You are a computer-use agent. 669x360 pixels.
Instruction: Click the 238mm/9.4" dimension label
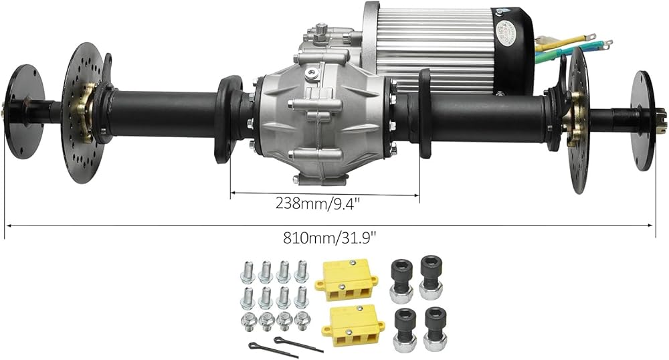pyautogui.click(x=318, y=203)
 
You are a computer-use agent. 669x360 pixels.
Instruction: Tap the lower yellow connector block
pyautogui.click(x=353, y=326)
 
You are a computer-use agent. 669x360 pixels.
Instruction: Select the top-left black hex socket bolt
pyautogui.click(x=401, y=280)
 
